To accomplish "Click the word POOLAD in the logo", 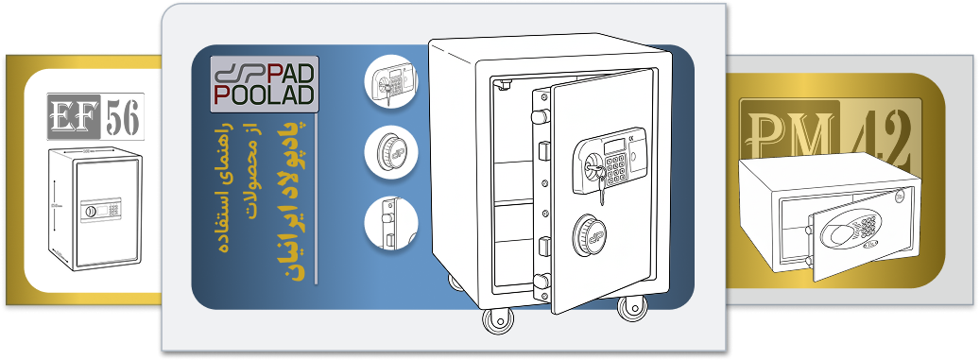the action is click(265, 95).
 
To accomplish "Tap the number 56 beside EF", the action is click(123, 116).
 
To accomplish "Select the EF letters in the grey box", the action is click(74, 116).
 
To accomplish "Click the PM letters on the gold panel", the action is click(790, 133).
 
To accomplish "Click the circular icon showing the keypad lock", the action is click(390, 81).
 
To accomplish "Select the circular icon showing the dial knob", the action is click(390, 152).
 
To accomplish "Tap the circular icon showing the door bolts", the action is click(390, 223).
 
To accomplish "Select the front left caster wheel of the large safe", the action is click(497, 318).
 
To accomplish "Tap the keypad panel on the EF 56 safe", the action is click(100, 210).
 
